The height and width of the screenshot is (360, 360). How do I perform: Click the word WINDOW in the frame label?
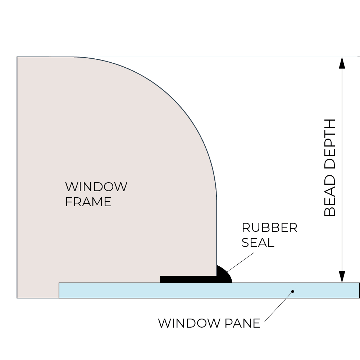(96, 187)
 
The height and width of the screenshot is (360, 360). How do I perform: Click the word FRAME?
(88, 202)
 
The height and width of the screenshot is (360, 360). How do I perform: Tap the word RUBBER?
(269, 228)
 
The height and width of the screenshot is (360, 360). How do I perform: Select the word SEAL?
(258, 243)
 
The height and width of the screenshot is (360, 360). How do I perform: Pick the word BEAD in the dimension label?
(330, 196)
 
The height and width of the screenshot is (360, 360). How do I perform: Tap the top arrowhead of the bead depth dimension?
(342, 63)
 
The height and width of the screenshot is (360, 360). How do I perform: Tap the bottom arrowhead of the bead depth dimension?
(342, 277)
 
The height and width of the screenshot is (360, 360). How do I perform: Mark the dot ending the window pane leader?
(293, 291)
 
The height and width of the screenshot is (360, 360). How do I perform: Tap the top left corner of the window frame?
(17, 57)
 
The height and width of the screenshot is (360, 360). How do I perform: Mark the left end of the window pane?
(60, 291)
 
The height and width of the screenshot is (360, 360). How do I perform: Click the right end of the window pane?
(359, 291)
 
